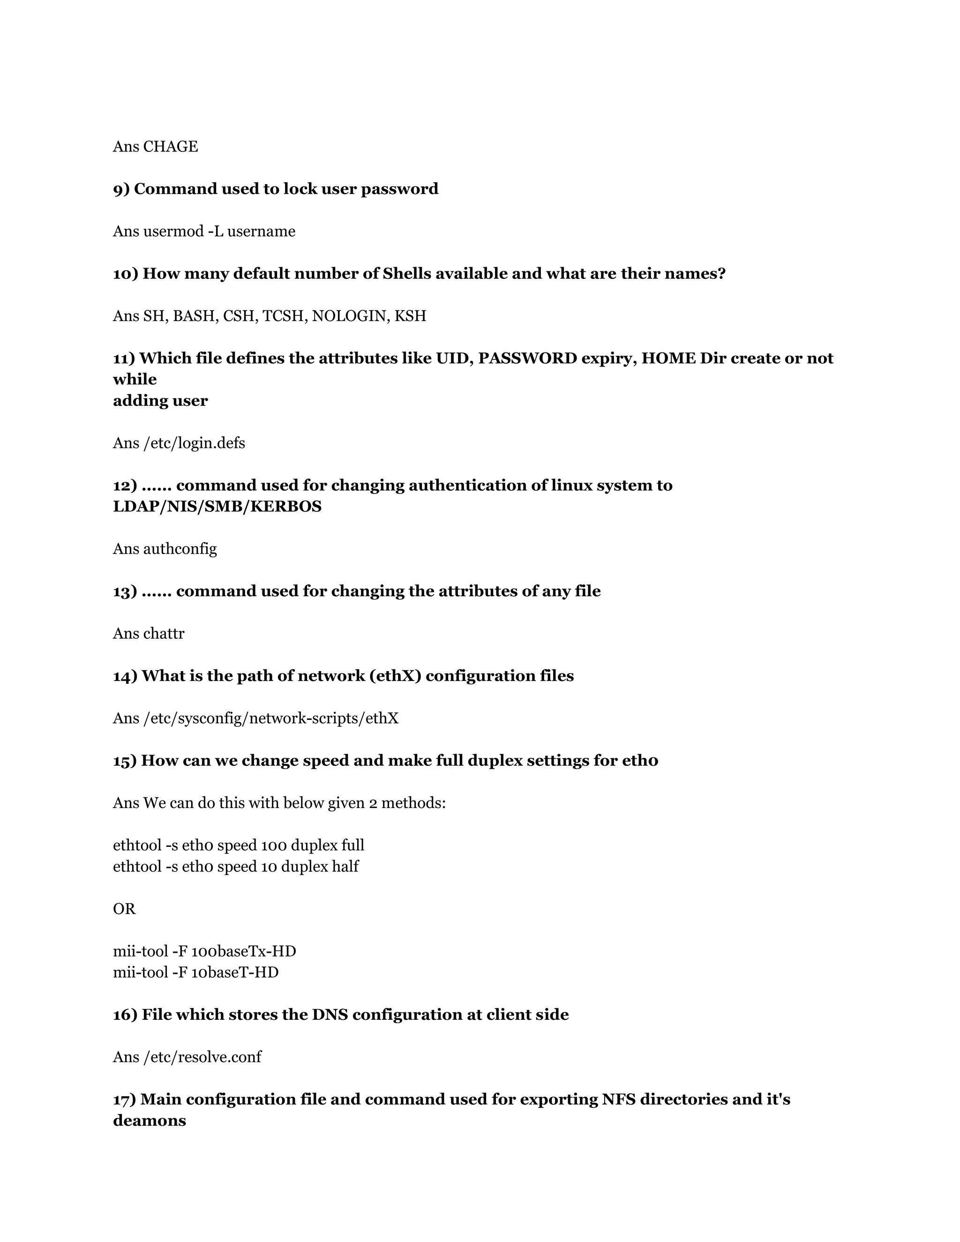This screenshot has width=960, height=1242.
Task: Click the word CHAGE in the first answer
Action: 171,147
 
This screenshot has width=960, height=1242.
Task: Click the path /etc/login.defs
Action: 194,443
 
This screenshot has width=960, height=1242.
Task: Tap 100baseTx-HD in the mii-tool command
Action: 243,951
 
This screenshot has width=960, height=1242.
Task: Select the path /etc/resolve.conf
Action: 202,1057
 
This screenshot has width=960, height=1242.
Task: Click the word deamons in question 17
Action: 150,1121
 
